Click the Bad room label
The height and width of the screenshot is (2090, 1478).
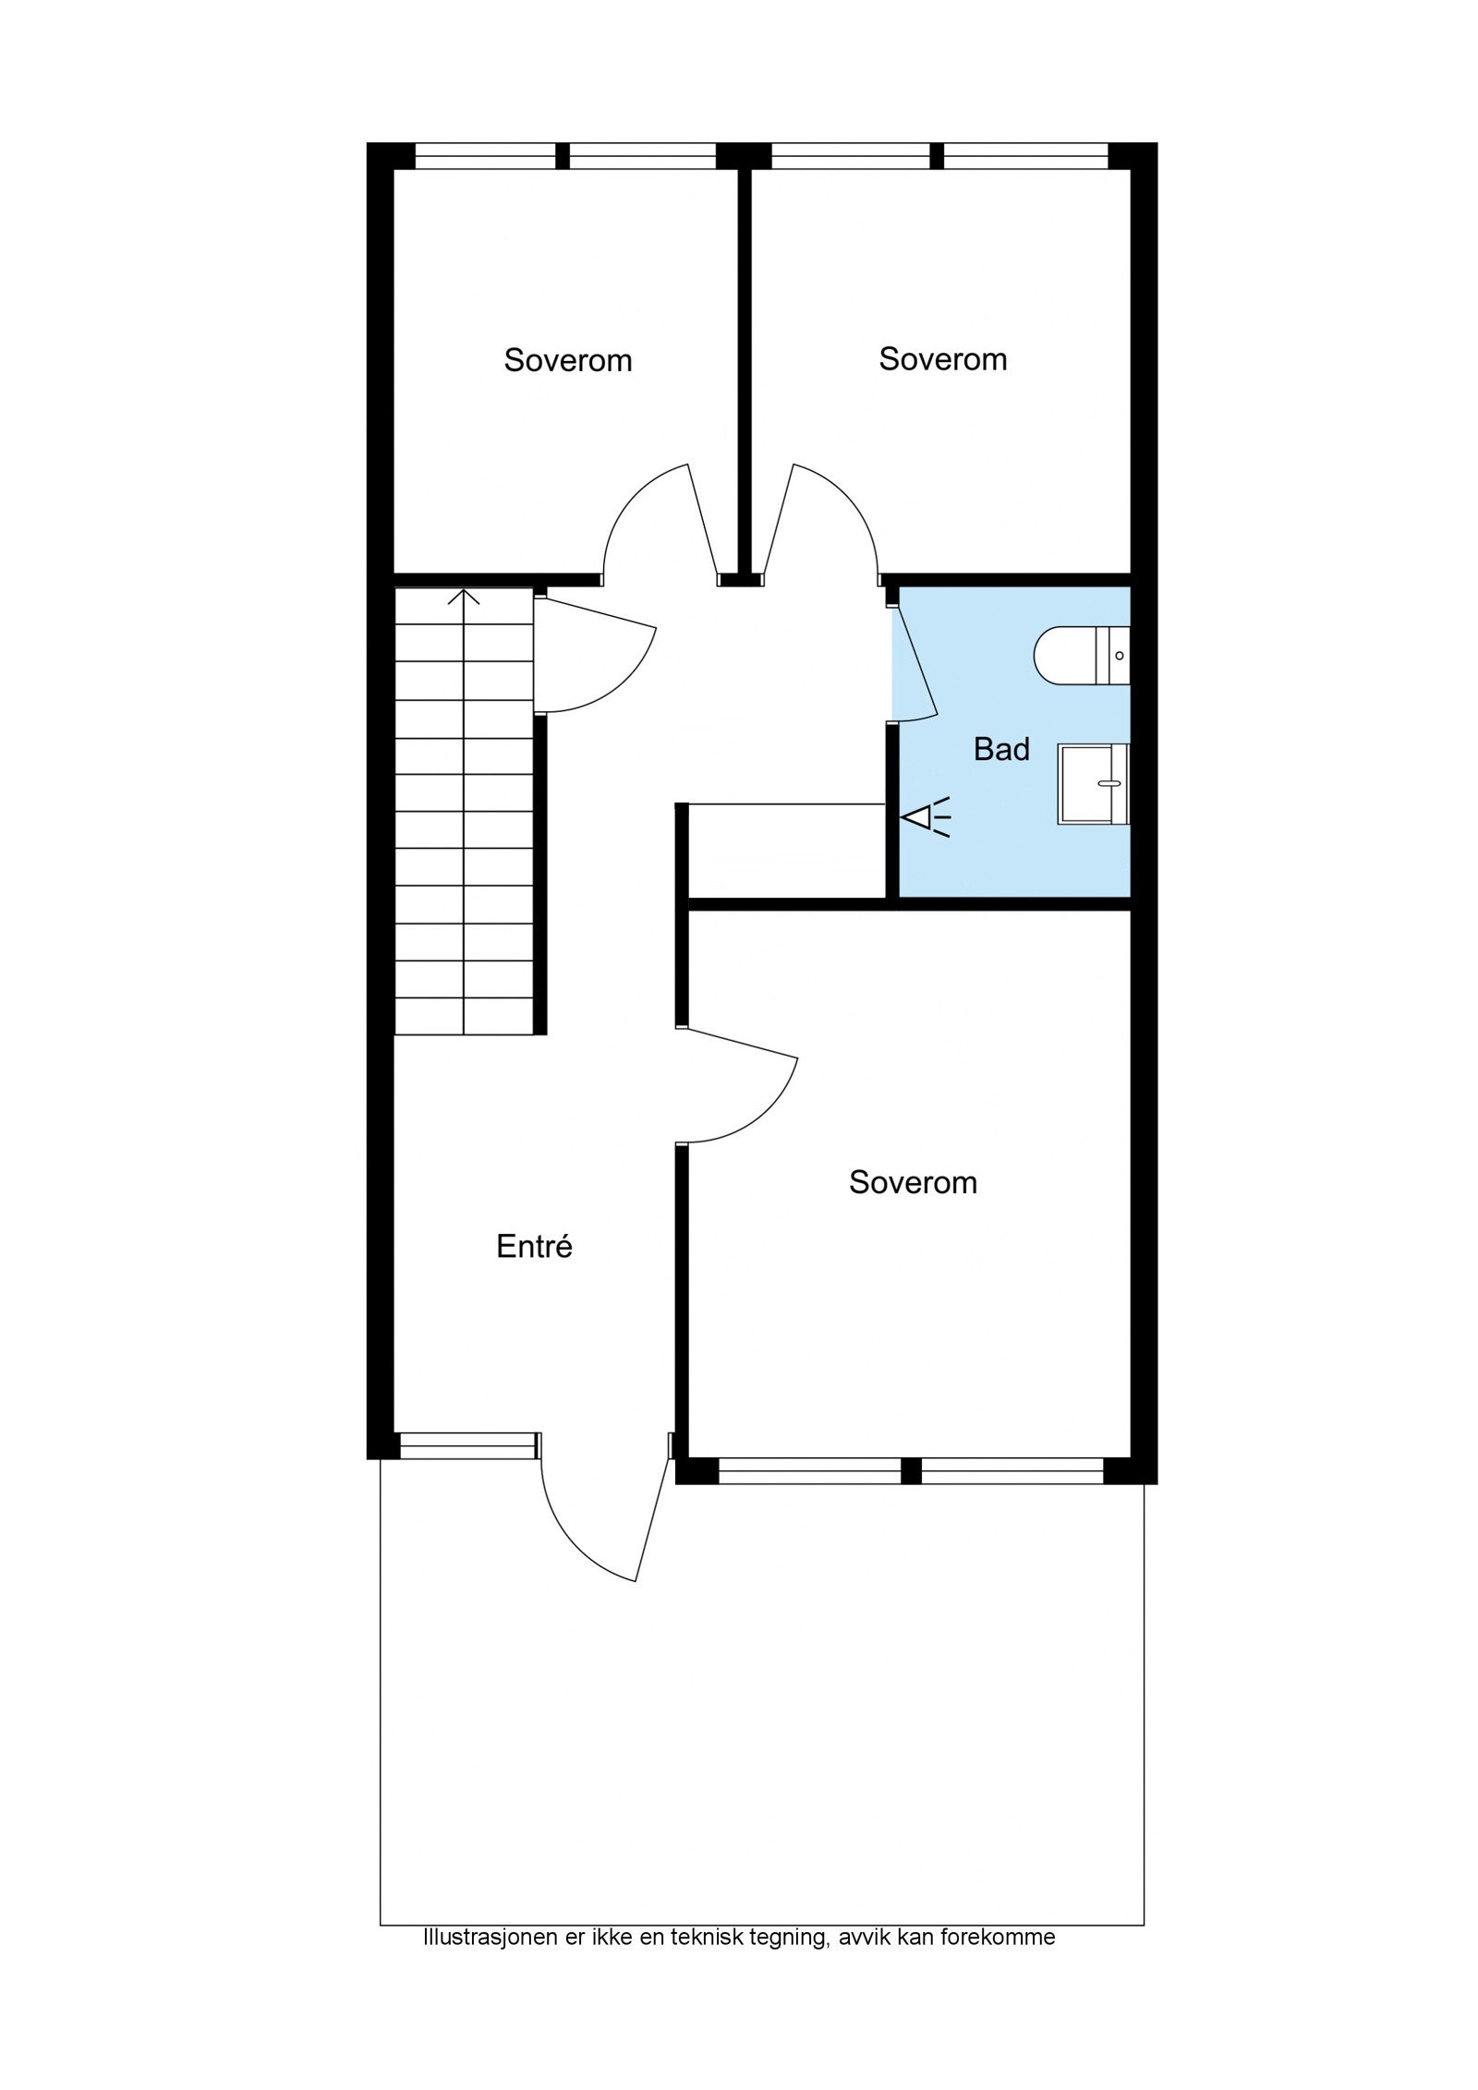tap(1000, 749)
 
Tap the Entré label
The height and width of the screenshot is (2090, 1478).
tap(534, 1247)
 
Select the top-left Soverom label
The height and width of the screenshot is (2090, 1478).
tap(567, 360)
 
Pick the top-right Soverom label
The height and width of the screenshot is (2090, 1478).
tap(942, 358)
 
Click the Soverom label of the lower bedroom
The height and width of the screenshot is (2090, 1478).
tap(913, 1182)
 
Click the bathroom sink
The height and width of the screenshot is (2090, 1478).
tap(1093, 783)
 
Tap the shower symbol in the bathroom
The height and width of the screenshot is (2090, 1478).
tap(927, 817)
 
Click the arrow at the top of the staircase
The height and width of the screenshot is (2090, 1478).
tap(464, 598)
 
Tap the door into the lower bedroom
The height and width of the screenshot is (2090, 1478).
tap(739, 1090)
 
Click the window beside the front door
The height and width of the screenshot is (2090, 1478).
tap(467, 1446)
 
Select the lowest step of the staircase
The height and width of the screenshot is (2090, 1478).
tap(464, 1016)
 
